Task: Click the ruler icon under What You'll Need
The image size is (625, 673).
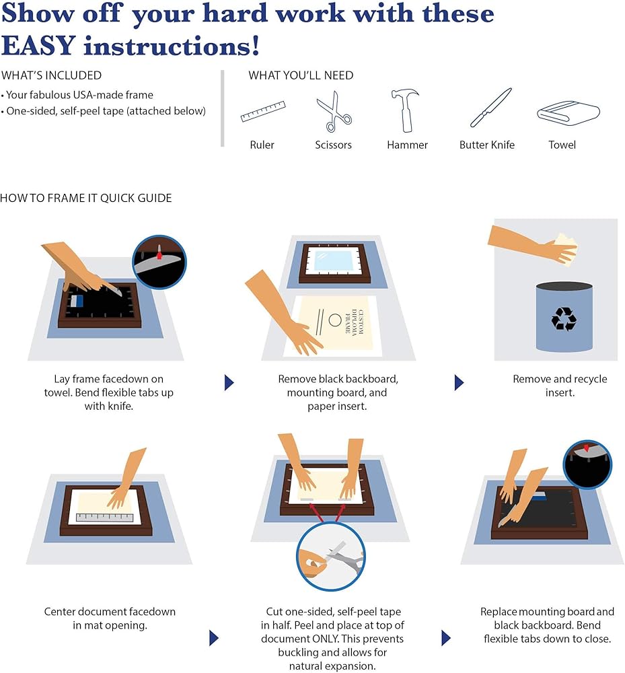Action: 263,111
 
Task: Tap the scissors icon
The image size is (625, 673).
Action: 334,111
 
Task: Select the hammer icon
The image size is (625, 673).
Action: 405,110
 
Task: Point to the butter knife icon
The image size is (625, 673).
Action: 490,107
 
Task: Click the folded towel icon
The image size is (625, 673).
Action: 568,113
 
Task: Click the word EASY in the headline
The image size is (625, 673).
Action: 38,46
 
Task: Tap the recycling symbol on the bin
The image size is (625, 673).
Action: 564,318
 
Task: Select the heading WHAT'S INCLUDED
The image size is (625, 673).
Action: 52,75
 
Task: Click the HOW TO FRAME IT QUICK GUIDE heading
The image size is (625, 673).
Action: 86,198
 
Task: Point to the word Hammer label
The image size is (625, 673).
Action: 407,145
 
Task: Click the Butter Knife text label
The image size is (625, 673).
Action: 487,145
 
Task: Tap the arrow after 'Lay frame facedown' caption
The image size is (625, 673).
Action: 229,382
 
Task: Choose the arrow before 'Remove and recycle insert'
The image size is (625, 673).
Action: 459,382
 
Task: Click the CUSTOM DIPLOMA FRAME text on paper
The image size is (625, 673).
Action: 355,322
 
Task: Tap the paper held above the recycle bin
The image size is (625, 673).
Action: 565,250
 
